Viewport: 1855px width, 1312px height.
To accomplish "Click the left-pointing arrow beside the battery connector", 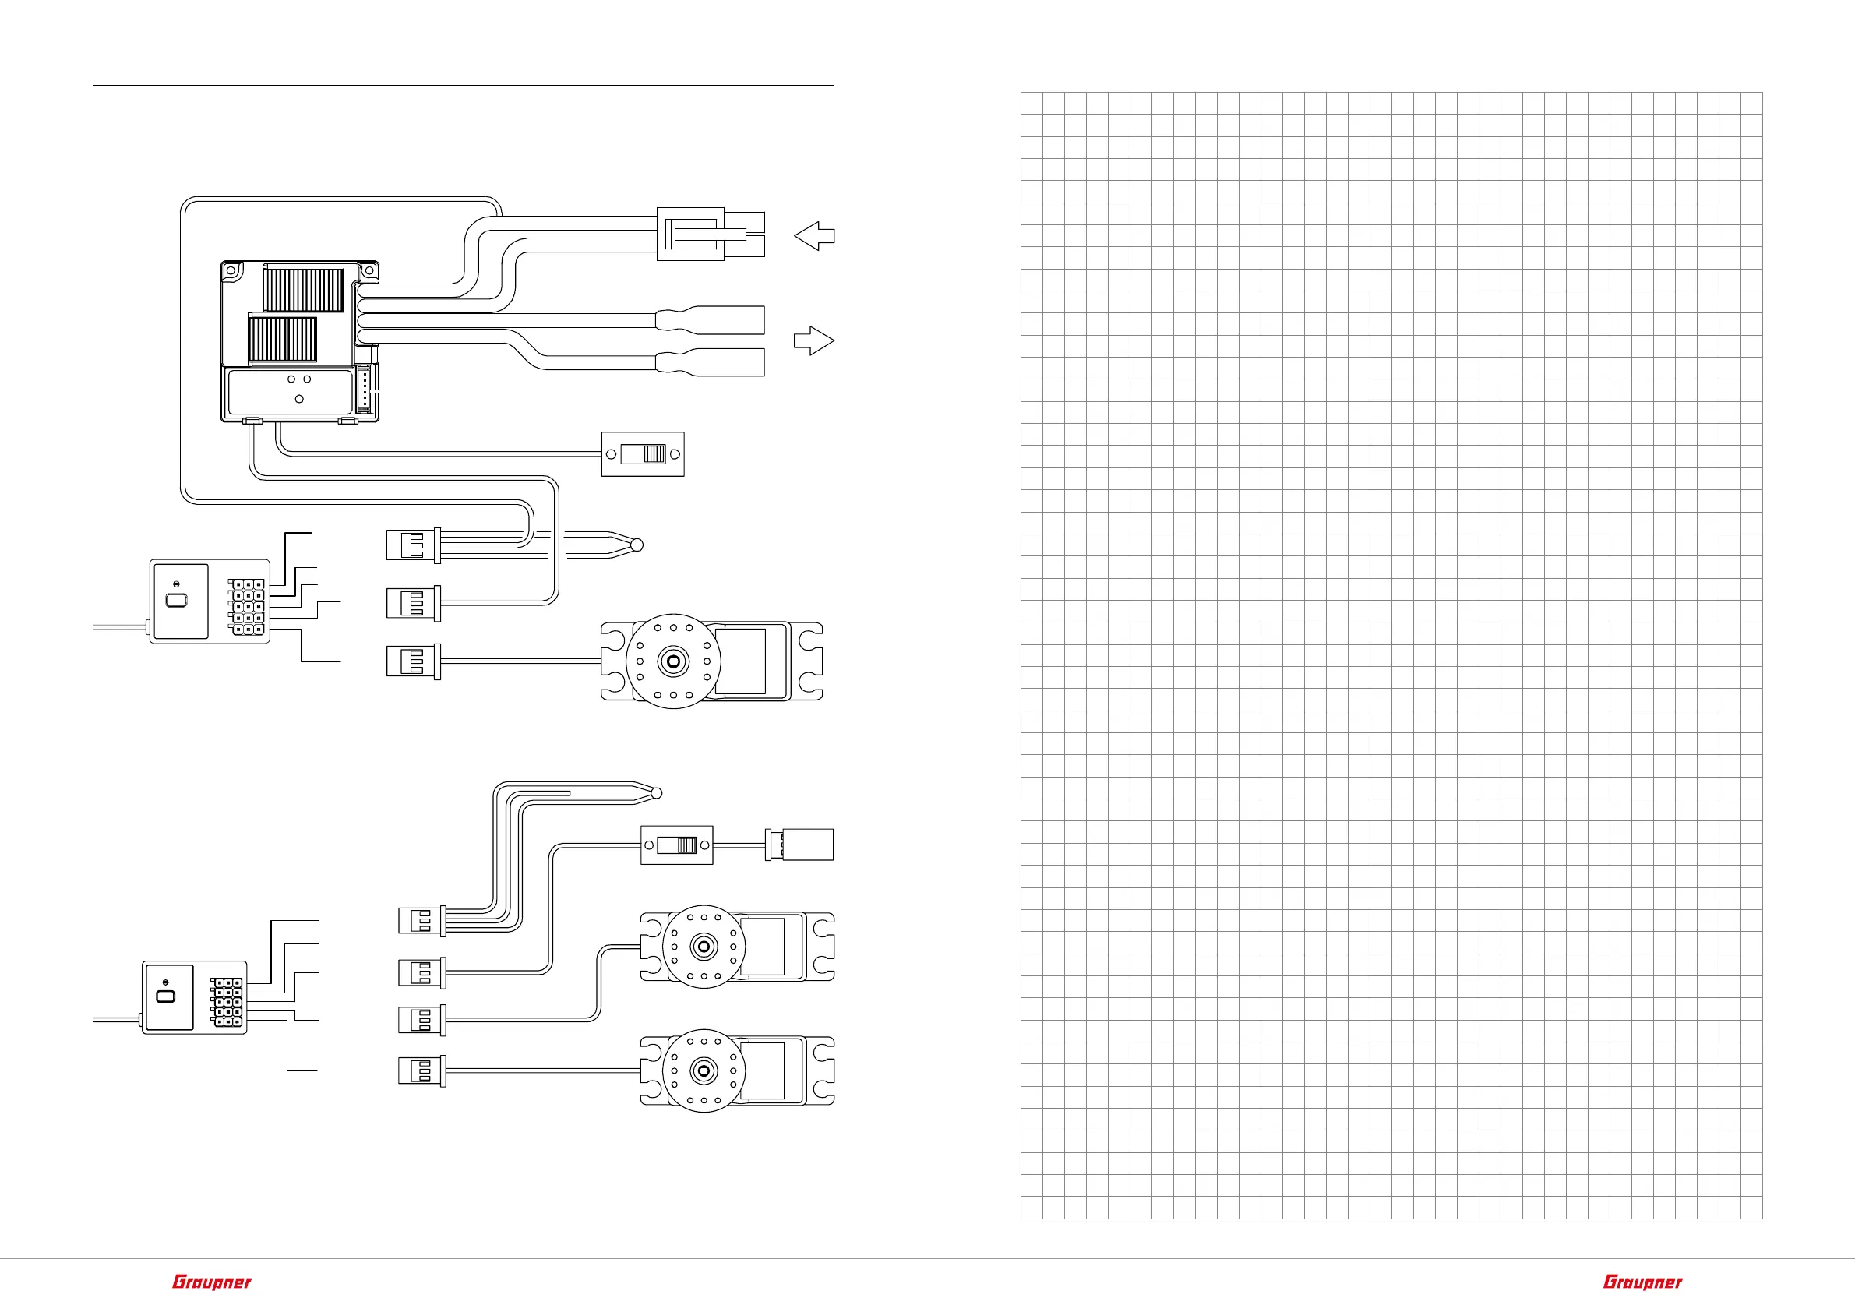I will [814, 236].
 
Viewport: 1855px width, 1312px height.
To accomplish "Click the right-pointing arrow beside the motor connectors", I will [813, 340].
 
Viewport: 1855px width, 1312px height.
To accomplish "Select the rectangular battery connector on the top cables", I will [691, 235].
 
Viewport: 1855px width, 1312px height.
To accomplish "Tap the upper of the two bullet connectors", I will [712, 320].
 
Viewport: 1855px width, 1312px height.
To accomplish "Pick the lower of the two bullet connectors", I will [712, 362].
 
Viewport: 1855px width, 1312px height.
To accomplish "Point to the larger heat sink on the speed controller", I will [304, 291].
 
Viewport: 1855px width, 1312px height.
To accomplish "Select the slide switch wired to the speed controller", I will [643, 454].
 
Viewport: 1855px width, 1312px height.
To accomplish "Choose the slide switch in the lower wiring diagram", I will [677, 845].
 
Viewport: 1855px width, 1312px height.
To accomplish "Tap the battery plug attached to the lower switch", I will [799, 845].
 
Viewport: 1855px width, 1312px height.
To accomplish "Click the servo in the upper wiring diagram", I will [711, 661].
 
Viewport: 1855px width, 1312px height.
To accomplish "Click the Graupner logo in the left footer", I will [212, 1282].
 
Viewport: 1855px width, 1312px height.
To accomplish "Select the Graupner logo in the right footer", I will [1642, 1282].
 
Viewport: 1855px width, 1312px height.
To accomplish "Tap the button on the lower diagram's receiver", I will [166, 996].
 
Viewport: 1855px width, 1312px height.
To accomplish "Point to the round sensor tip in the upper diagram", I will [637, 545].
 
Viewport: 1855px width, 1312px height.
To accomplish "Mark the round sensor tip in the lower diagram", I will [656, 793].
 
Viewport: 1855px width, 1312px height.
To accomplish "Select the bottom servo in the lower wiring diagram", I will [737, 1071].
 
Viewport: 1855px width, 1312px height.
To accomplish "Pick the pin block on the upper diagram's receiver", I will [247, 606].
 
